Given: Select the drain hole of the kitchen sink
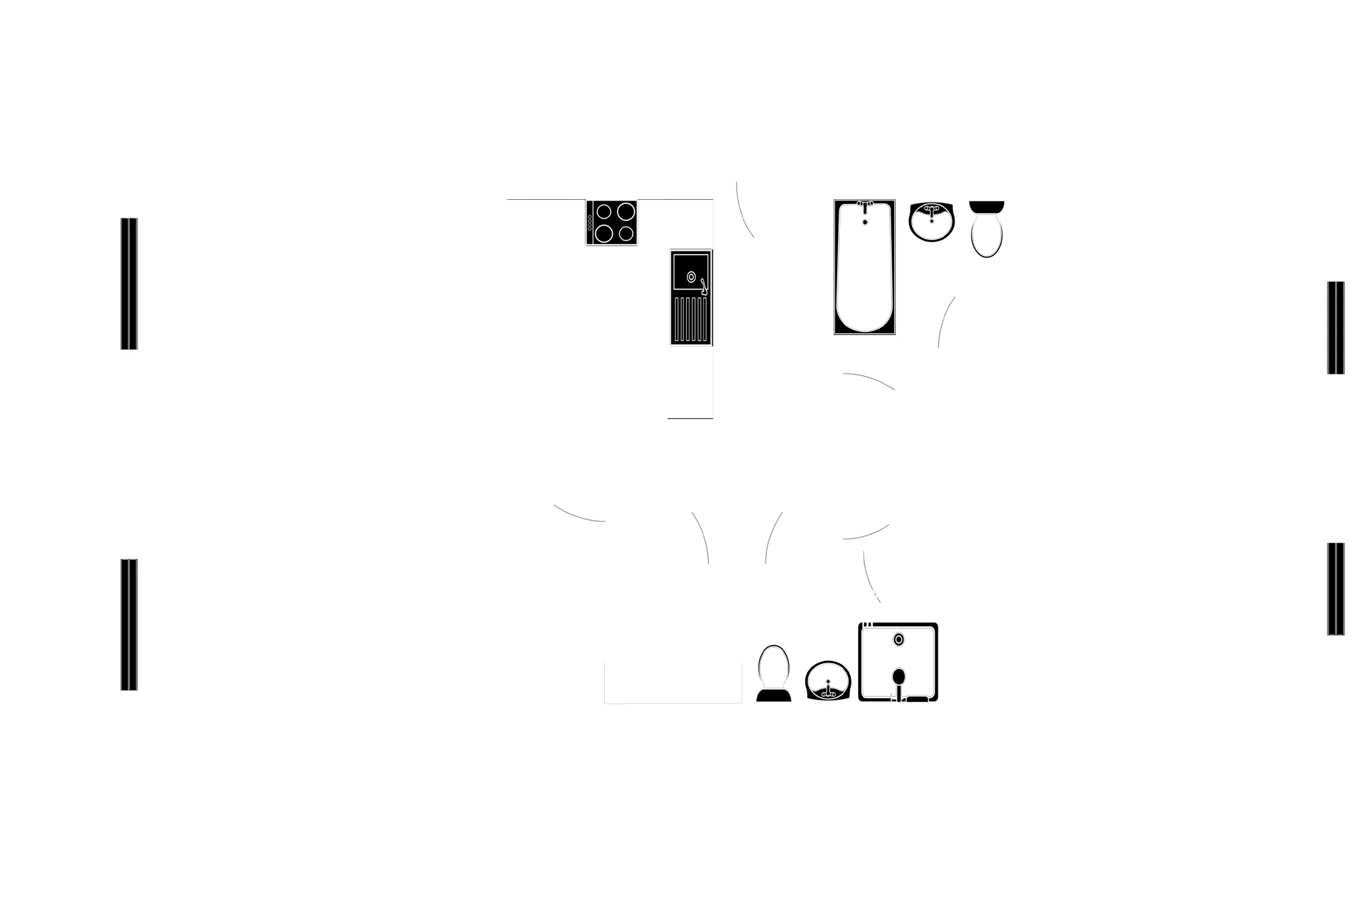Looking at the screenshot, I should (x=691, y=277).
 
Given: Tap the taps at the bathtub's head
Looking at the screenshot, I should (x=865, y=204).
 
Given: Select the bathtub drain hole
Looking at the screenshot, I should (x=864, y=222).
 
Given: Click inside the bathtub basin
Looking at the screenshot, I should (x=864, y=278).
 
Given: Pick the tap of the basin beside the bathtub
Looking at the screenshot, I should (x=932, y=212).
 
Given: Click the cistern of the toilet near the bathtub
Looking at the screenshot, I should (x=987, y=206).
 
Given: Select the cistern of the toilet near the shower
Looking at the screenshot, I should (x=774, y=695).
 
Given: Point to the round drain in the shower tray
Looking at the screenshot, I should (x=898, y=640).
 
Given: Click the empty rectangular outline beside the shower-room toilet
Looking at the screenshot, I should (x=672, y=682).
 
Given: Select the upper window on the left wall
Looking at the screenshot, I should (x=130, y=283).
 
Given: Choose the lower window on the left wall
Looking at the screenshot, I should (x=130, y=625).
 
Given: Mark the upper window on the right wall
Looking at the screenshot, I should (x=1336, y=327).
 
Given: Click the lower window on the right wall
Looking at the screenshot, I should (x=1336, y=588).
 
